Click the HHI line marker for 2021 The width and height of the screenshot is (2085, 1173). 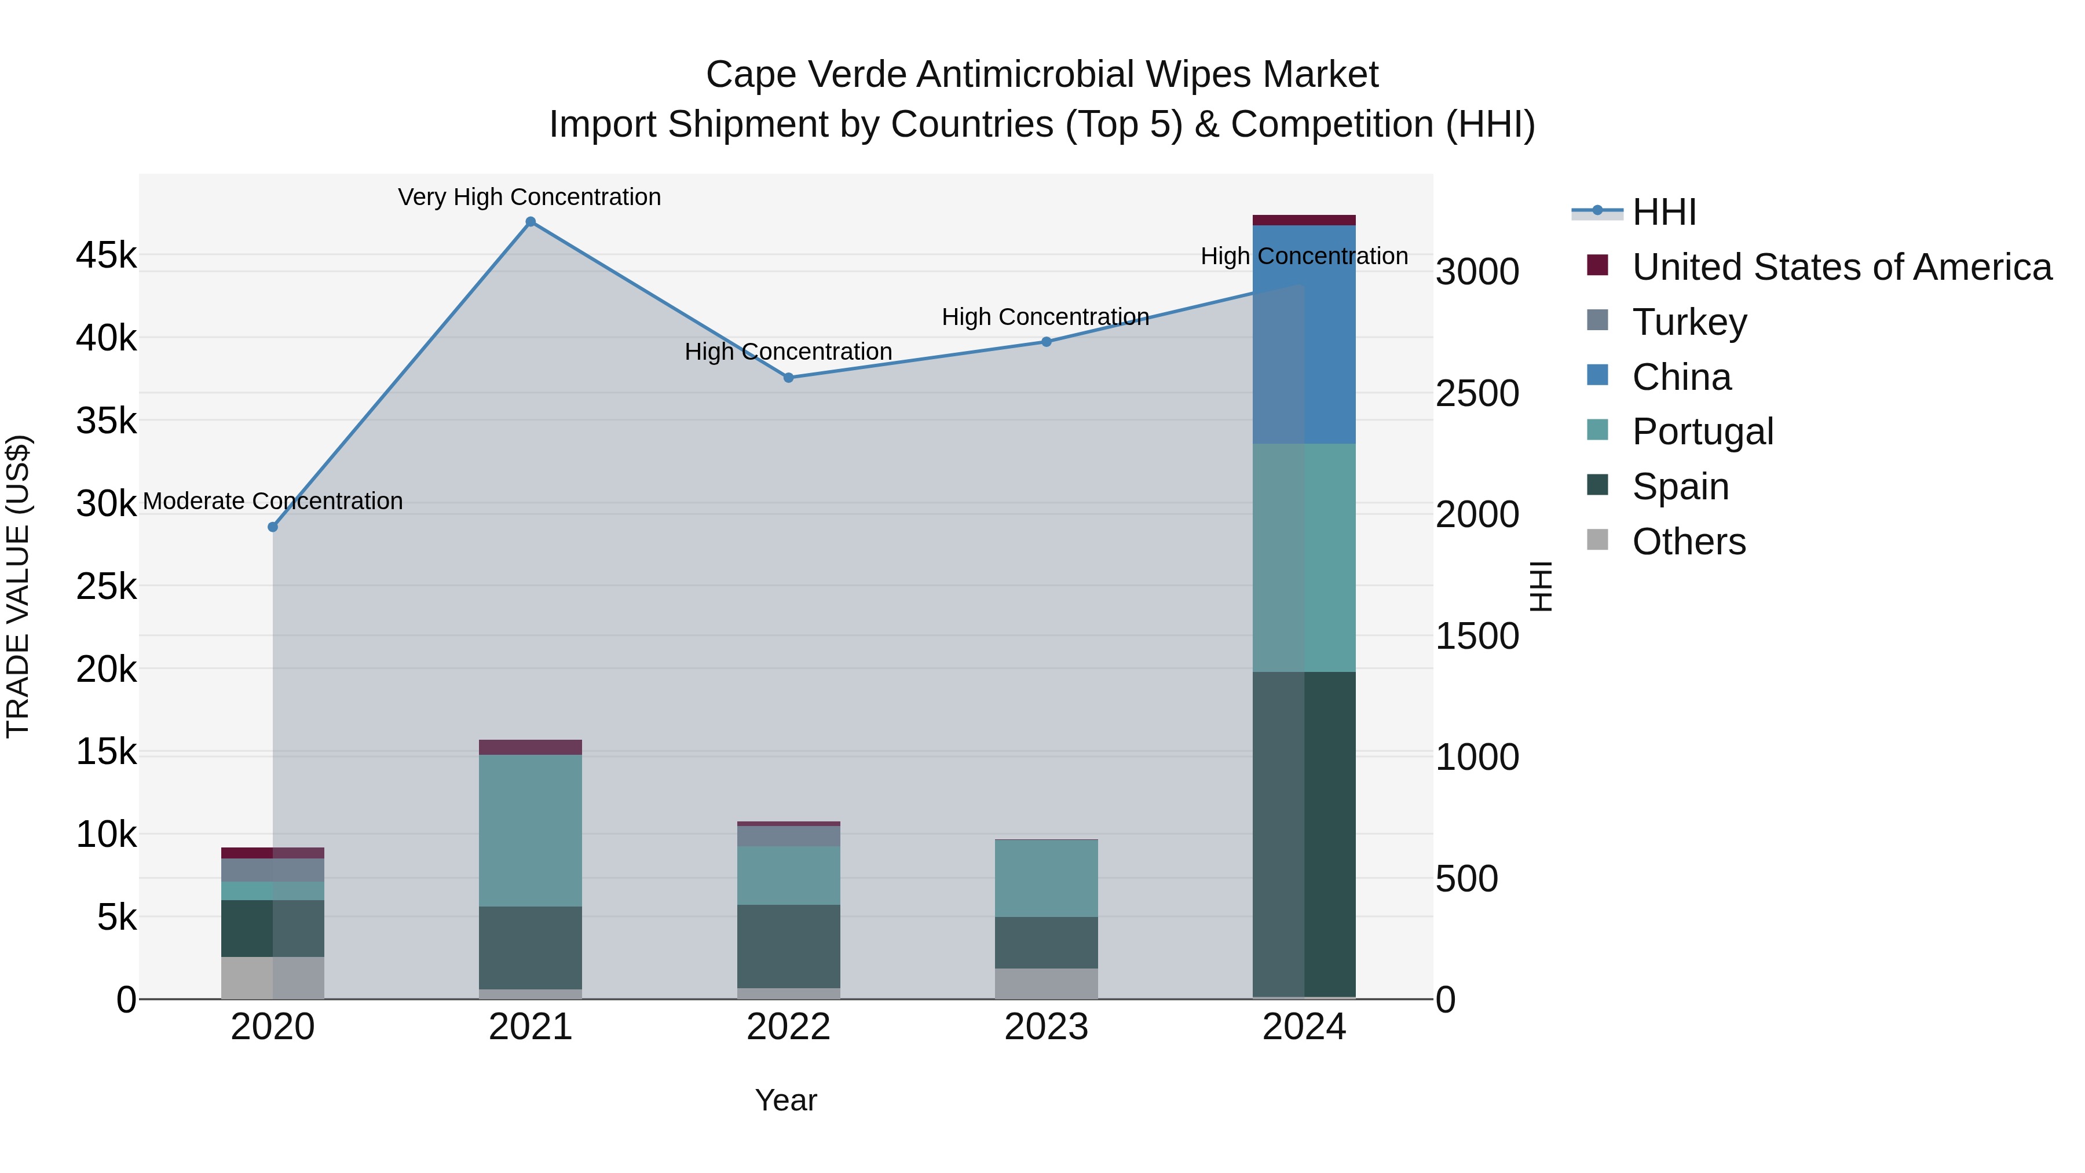(530, 222)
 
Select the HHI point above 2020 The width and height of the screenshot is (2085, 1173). (273, 527)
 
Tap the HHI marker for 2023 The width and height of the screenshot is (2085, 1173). (1046, 342)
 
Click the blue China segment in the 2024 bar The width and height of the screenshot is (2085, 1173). (1304, 334)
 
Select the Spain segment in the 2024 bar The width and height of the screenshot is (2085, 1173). (1304, 834)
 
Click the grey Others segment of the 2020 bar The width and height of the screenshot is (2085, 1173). (273, 978)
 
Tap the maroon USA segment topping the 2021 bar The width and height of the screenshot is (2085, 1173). (530, 747)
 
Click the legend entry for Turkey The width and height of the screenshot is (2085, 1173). (1689, 322)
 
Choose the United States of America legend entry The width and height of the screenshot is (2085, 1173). (1841, 267)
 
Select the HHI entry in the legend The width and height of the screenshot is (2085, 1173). (1663, 212)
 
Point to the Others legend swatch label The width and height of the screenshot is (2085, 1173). (1688, 542)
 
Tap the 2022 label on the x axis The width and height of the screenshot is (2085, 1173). (788, 1027)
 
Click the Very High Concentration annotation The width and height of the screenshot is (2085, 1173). (529, 197)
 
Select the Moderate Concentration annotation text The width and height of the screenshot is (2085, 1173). (273, 501)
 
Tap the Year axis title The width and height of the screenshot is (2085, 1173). (785, 1100)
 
